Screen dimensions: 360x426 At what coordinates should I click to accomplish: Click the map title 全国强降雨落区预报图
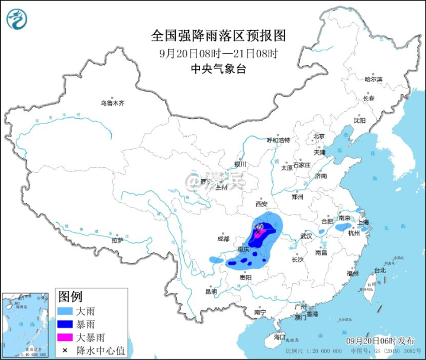coord(218,36)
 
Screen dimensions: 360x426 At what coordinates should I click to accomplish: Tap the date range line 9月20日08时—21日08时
coord(218,53)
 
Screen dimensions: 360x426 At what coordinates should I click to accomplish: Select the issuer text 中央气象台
coord(218,69)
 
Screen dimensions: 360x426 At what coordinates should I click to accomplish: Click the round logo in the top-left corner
coord(17,20)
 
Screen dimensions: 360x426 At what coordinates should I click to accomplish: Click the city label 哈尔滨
coord(373,79)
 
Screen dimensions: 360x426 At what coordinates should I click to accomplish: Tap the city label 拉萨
coord(117,240)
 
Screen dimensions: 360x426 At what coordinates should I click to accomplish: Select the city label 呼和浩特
coord(278,140)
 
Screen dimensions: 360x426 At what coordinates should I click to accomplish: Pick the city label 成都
coord(222,239)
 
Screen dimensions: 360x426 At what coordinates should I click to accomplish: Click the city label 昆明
coord(211,291)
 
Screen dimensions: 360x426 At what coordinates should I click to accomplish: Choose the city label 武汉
coord(306,236)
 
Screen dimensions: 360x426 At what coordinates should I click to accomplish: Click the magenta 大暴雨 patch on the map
coord(259,233)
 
